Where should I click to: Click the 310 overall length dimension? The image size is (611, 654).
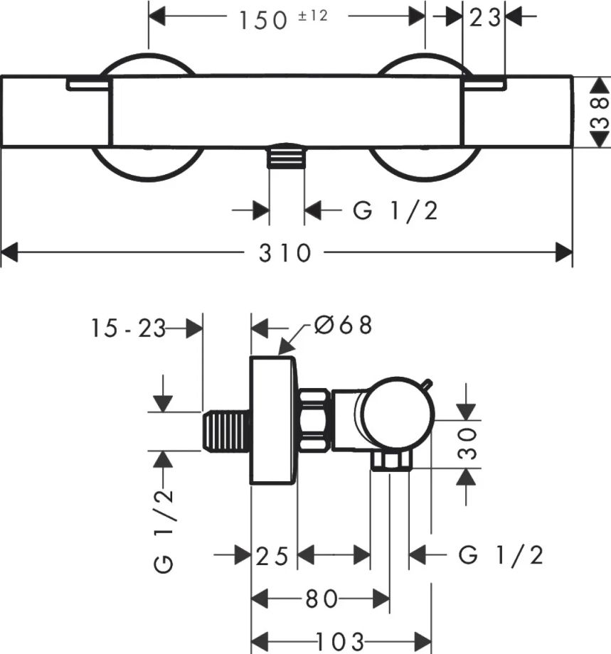tap(285, 253)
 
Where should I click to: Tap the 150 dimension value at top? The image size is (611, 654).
tap(263, 21)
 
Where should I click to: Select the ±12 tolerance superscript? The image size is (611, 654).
tap(313, 16)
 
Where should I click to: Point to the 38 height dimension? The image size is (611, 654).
tap(600, 112)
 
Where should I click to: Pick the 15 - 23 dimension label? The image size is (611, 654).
tap(128, 328)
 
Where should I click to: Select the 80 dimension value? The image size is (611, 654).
tap(322, 599)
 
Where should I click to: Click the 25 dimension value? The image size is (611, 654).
tap(272, 556)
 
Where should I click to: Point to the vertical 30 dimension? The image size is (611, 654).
tap(467, 443)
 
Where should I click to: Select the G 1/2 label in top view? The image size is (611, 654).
tap(395, 210)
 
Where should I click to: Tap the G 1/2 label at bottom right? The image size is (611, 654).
tap(501, 555)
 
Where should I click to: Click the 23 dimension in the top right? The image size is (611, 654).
tap(484, 18)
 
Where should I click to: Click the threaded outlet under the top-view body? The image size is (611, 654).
tap(287, 156)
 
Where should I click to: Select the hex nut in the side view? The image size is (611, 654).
tap(315, 420)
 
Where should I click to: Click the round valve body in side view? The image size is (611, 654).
tap(398, 416)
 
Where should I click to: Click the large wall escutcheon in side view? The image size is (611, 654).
tap(273, 420)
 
